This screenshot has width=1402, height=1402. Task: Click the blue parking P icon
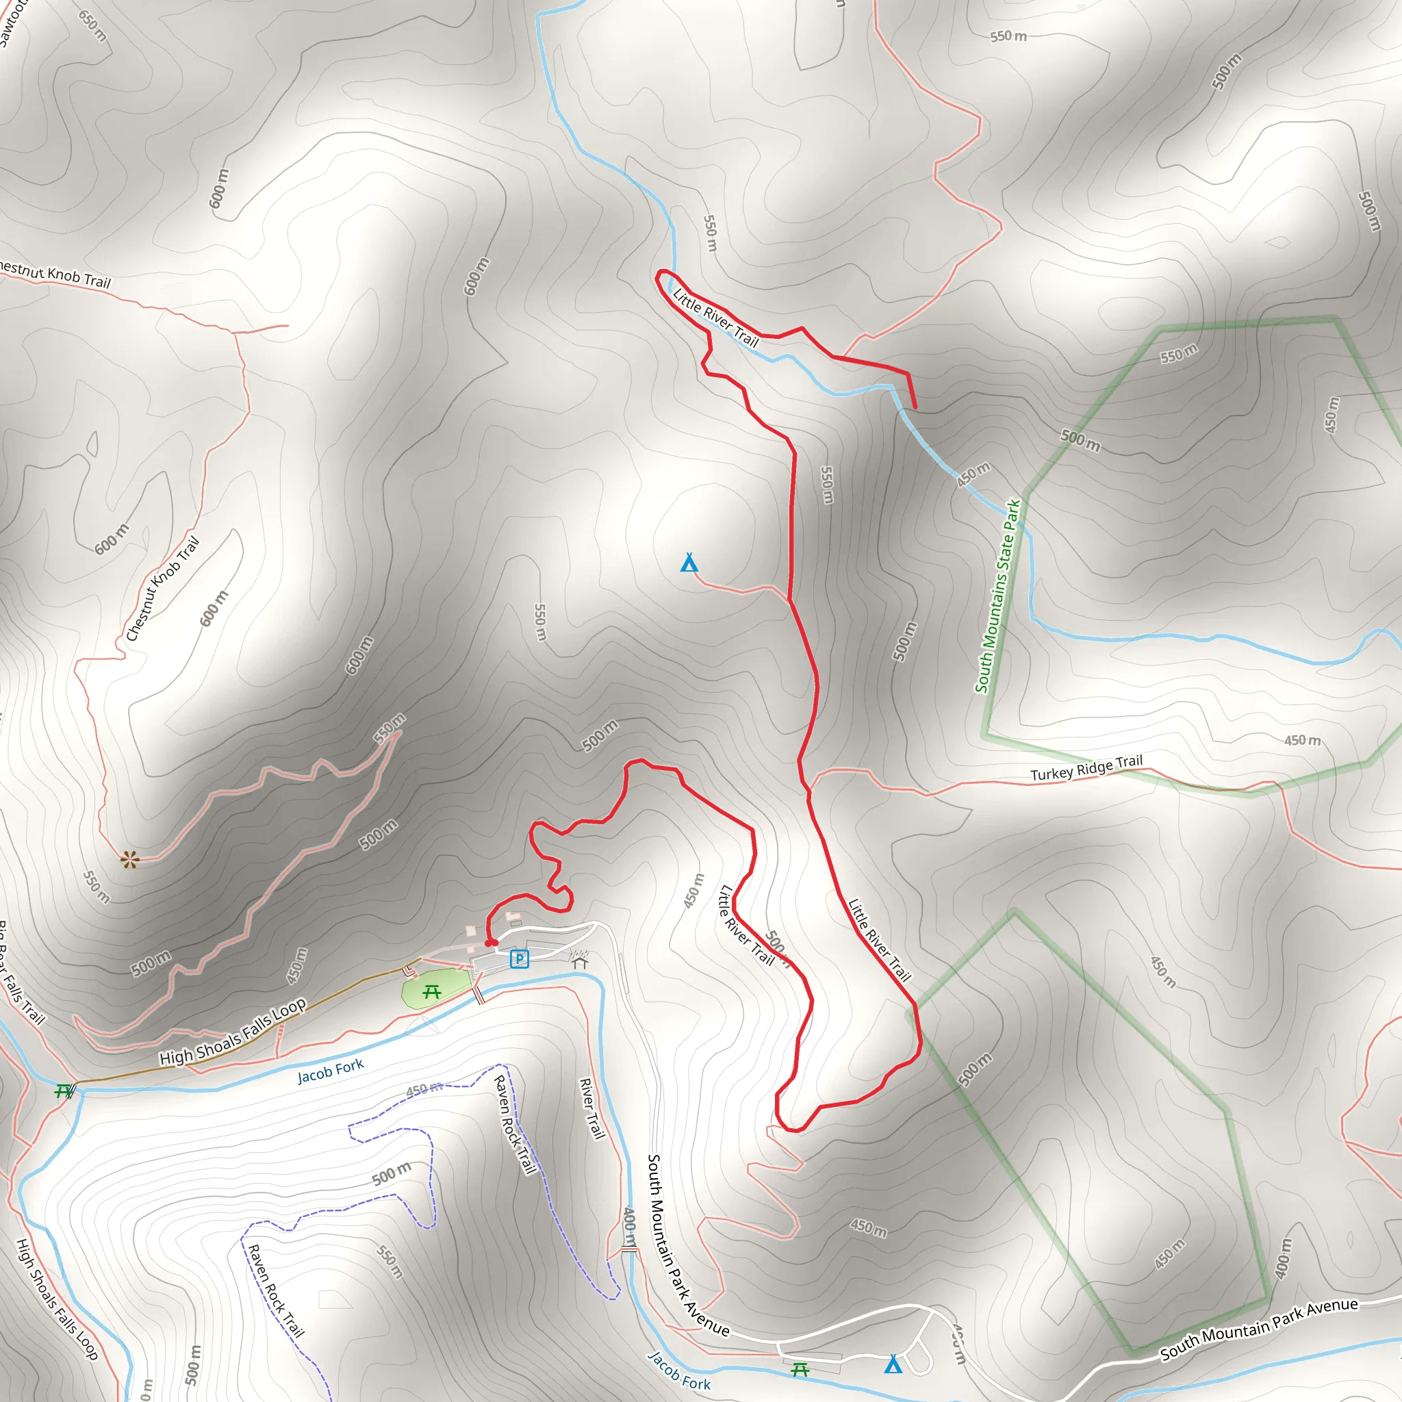coord(520,959)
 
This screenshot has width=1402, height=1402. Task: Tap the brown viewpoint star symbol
coord(130,860)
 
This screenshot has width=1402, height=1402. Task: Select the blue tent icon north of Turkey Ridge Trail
coord(689,563)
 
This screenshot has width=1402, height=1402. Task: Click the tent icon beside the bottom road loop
coord(893,1364)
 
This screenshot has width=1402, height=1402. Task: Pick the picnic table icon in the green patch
coord(432,991)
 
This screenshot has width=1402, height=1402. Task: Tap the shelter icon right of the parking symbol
coord(579,963)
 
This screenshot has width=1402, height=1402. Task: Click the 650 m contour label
coord(92,25)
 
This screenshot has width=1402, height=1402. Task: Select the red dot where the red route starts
coord(490,943)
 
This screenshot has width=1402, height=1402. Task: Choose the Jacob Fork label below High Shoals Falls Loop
coord(330,1071)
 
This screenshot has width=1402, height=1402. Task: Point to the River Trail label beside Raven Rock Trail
coord(591,1109)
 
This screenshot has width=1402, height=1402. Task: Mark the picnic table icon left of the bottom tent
coord(800,1369)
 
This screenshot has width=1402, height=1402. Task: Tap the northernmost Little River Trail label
coord(715,318)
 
